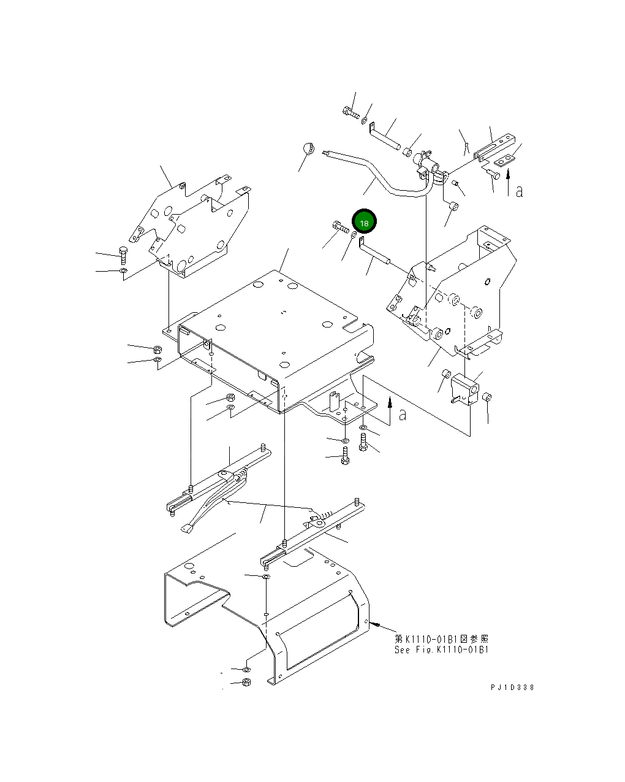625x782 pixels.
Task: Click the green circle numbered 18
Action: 364,221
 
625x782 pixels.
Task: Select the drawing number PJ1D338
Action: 512,688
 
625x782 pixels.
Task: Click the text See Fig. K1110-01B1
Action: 441,650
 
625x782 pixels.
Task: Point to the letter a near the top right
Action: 520,191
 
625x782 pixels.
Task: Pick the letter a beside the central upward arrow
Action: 402,415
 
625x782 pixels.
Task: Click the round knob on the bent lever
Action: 308,149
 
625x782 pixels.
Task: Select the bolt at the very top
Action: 350,113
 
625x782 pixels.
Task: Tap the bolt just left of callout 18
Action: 341,228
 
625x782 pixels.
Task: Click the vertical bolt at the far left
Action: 123,255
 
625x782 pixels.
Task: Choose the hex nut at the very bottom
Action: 246,682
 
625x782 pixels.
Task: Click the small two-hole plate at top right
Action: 505,161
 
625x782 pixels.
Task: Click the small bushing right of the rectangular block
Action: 487,398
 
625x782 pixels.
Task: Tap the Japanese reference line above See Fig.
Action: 441,639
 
